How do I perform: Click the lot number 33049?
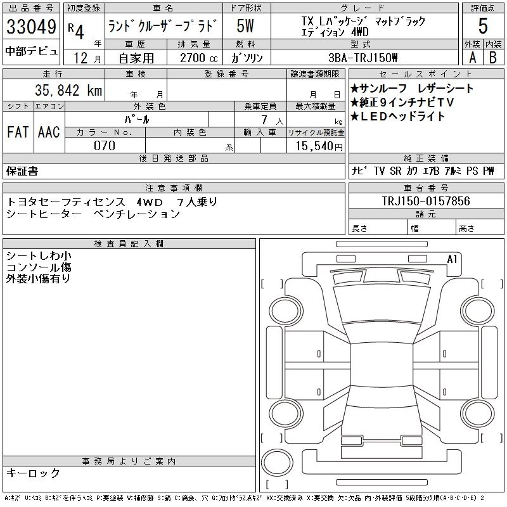click(x=31, y=27)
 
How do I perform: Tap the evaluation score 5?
click(x=482, y=27)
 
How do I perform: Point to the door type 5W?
click(x=246, y=27)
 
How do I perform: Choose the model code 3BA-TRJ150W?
click(x=363, y=57)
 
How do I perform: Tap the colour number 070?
click(x=105, y=146)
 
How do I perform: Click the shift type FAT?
click(x=17, y=132)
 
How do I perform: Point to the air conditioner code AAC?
click(x=48, y=132)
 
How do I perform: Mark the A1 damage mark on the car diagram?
click(x=452, y=259)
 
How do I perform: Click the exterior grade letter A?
click(x=472, y=57)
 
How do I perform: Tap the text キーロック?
click(x=33, y=473)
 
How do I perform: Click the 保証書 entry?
click(x=22, y=171)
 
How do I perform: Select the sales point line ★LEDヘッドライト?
click(x=397, y=117)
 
